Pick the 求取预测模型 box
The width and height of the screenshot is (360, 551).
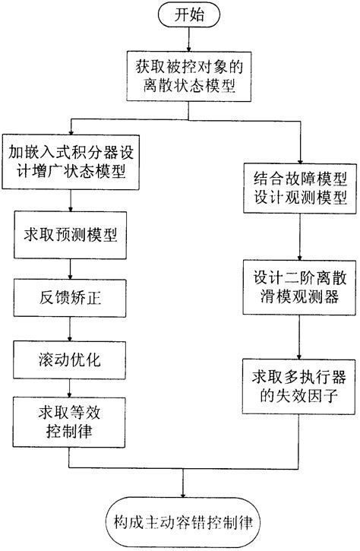coord(71,233)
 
